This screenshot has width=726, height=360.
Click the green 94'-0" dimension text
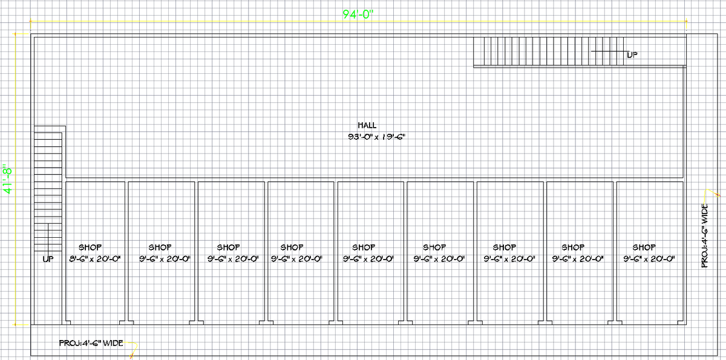point(359,15)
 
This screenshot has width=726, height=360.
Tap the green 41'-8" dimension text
point(8,180)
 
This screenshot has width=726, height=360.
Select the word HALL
point(367,125)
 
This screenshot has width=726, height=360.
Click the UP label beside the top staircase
point(632,55)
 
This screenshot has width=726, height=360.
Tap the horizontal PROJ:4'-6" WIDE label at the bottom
point(91,343)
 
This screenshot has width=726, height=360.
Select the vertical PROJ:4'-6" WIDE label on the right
point(705,236)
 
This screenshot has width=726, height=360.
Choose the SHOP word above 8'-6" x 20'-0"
point(90,247)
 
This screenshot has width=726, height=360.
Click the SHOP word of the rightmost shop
point(644,247)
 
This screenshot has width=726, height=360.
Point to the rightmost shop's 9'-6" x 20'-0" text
point(649,259)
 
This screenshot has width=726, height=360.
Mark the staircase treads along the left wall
point(48,182)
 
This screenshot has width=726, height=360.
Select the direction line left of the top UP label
point(608,52)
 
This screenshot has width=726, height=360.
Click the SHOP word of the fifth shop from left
point(364,247)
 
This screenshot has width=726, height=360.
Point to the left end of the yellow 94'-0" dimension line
point(30,22)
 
